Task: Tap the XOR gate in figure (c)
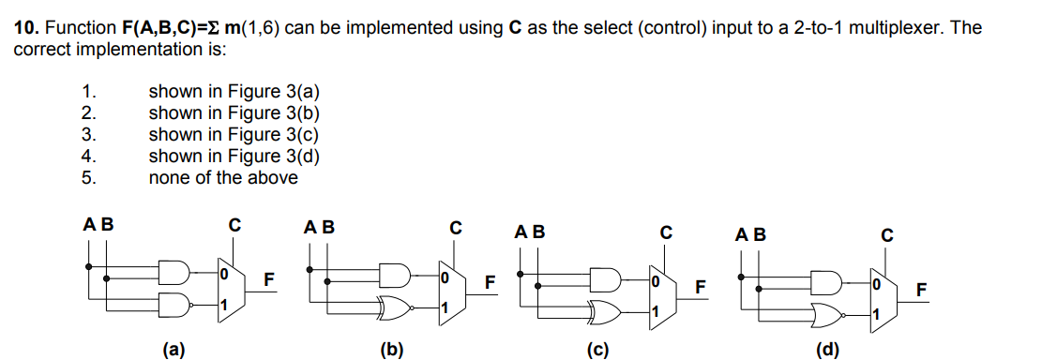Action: tap(604, 308)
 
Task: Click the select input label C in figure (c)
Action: tap(666, 231)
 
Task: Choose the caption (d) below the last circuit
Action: tap(826, 352)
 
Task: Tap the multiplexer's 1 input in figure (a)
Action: tap(223, 306)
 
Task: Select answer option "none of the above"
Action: tap(223, 177)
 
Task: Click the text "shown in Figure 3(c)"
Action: tap(234, 134)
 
